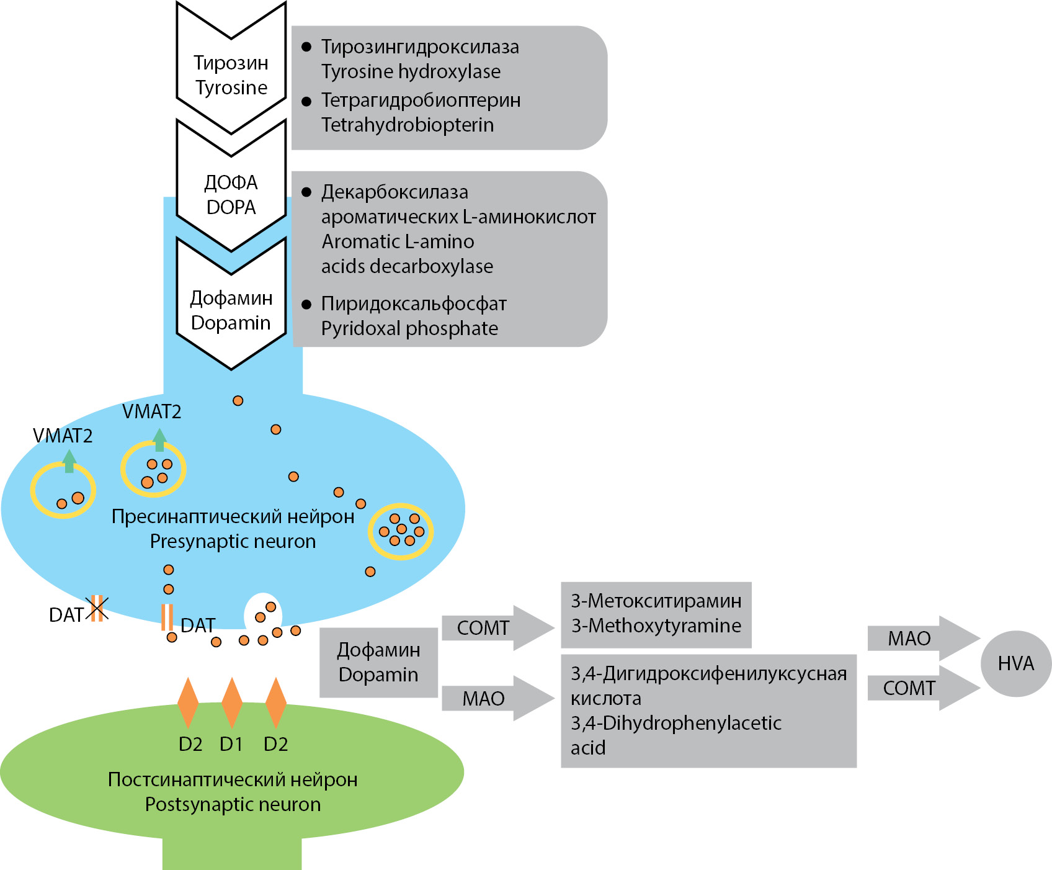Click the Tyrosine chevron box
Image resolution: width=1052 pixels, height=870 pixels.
(231, 75)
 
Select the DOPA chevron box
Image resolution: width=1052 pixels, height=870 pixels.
(231, 194)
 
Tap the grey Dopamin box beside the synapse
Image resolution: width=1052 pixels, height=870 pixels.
(378, 662)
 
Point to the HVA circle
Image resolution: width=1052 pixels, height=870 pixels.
(1015, 663)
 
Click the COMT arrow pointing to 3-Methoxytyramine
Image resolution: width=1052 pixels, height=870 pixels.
(496, 628)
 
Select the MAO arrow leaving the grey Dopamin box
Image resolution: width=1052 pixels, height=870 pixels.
(496, 699)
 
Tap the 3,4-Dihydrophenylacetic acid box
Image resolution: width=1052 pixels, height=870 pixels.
(708, 711)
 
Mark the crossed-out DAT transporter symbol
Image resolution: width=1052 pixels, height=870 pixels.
(97, 608)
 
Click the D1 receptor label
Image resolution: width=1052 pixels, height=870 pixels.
(231, 743)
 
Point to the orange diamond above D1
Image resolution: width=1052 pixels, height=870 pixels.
(232, 703)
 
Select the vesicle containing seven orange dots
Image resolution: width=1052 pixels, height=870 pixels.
(401, 531)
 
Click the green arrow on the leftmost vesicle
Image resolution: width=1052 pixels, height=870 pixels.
(69, 461)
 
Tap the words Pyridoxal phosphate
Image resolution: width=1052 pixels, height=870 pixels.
(409, 328)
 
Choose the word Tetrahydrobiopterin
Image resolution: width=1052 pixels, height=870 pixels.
(408, 125)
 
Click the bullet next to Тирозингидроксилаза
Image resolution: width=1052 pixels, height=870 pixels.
(306, 47)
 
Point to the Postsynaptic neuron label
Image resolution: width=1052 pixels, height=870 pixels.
(233, 804)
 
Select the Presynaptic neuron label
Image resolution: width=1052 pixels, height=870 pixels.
(233, 541)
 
